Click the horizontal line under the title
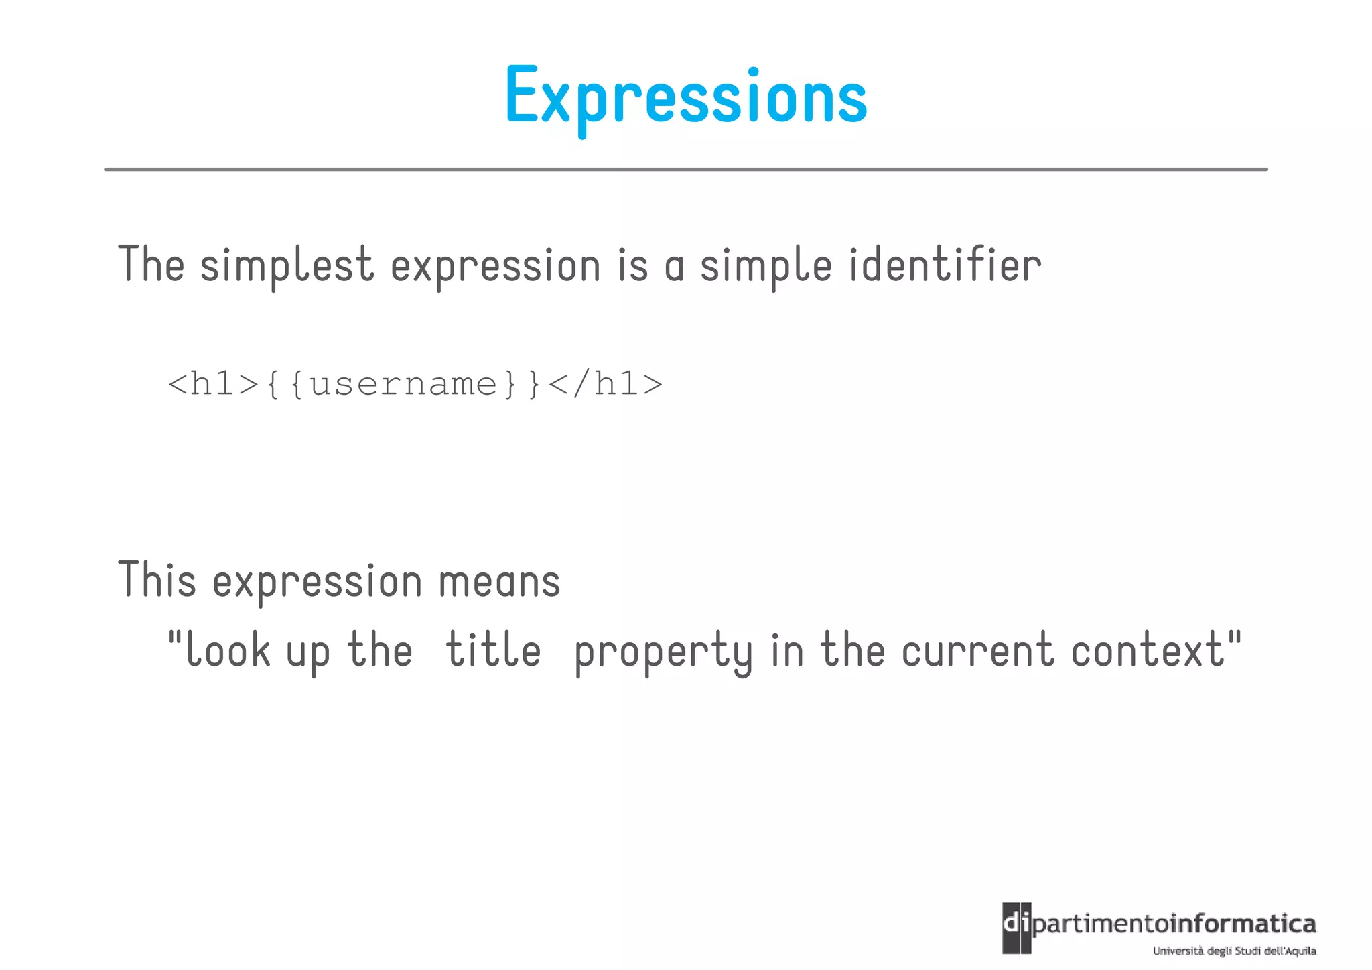686,170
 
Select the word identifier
945,265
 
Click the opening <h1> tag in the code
213,384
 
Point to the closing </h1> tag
605,384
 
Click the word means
499,581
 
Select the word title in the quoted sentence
493,650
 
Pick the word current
977,650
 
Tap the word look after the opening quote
228,650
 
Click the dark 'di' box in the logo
1016,928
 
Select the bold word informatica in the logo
1242,924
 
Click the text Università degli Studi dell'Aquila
1234,951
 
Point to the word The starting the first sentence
151,265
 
